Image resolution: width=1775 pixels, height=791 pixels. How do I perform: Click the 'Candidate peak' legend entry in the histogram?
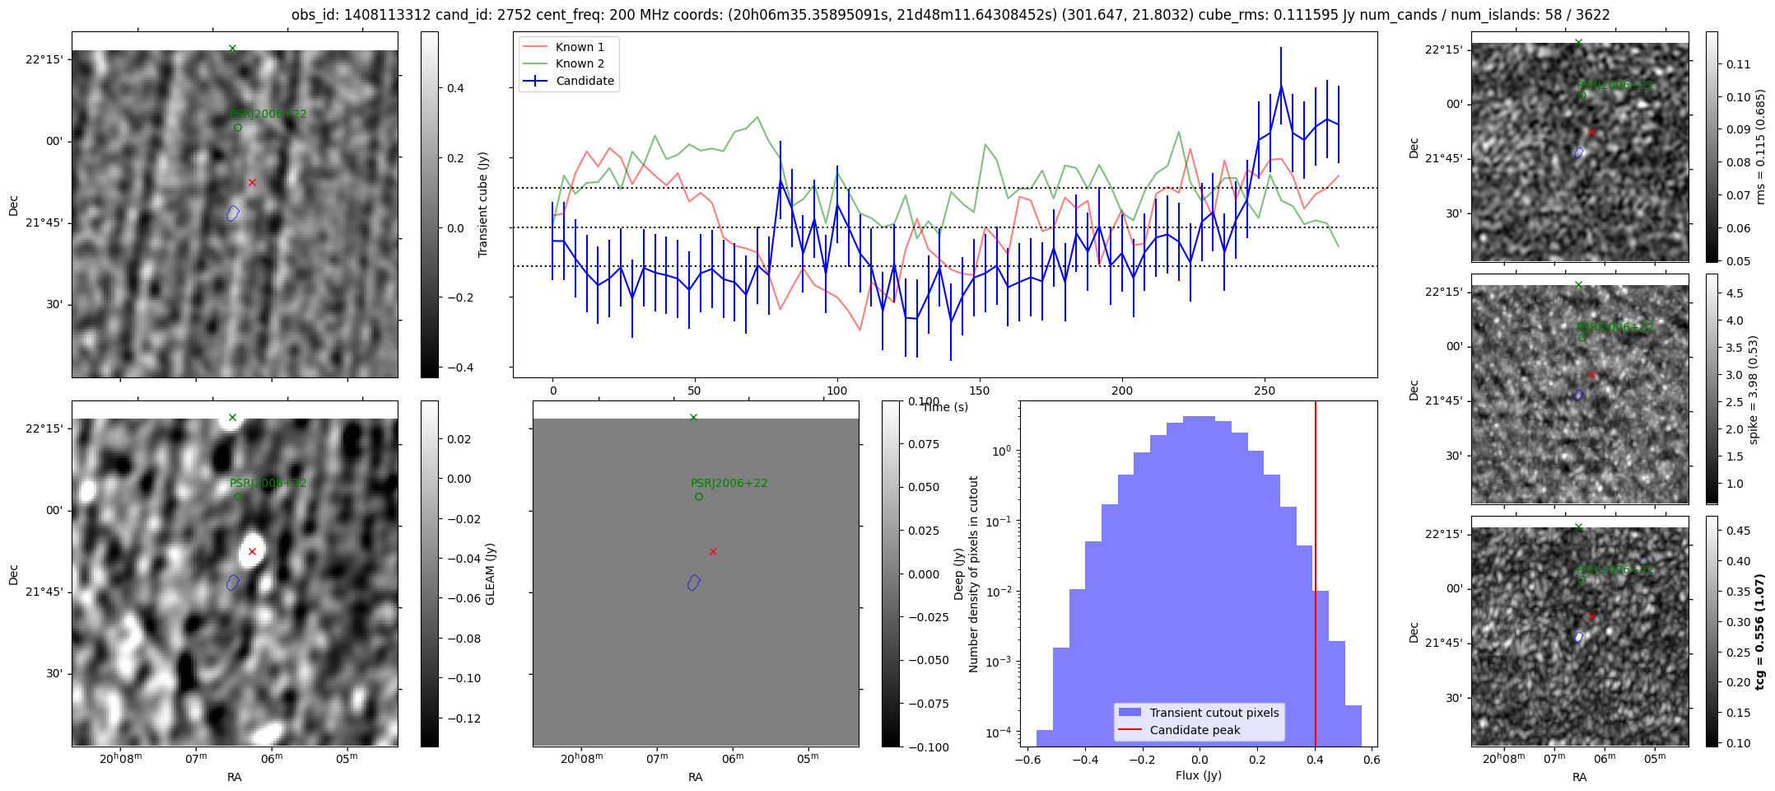click(1195, 730)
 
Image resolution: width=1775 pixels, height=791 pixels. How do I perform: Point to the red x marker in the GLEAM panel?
click(252, 551)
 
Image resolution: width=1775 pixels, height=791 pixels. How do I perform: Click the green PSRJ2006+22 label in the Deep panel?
click(729, 483)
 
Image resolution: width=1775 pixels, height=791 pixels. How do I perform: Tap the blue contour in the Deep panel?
click(694, 583)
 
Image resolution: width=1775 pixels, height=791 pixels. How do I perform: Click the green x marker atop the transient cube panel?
click(232, 48)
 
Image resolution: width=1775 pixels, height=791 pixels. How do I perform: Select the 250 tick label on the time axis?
click(1265, 391)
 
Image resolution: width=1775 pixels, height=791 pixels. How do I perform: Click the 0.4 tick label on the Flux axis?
click(1315, 760)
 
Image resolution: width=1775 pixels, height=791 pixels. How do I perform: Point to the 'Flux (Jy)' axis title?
click(1198, 775)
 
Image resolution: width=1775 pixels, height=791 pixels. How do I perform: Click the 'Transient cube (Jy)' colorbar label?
click(483, 204)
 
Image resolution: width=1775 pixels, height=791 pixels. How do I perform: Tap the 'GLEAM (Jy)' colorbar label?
click(491, 573)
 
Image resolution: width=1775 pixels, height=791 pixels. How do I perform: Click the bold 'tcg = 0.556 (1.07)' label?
click(1760, 631)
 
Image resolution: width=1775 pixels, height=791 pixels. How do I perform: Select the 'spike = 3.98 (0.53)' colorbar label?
click(1753, 389)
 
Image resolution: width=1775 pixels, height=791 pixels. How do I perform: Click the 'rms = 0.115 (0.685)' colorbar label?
click(1760, 147)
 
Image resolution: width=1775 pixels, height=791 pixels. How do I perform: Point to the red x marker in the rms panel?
click(1591, 132)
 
